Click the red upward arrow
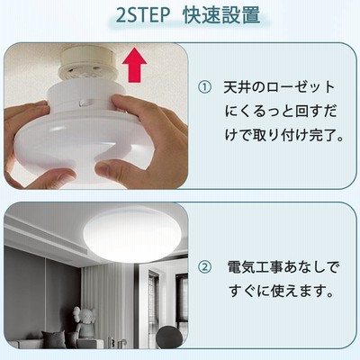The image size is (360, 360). (x=134, y=65)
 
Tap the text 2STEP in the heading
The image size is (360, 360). (x=143, y=14)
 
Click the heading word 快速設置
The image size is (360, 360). (x=221, y=14)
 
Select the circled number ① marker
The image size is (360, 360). (x=205, y=87)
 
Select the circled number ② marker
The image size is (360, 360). (x=205, y=266)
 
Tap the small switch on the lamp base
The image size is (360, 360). (x=85, y=103)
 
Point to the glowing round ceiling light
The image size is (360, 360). (x=131, y=235)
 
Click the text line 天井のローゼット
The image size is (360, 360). (x=279, y=87)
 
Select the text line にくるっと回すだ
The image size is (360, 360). (x=281, y=112)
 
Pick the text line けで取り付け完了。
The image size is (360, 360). (x=284, y=135)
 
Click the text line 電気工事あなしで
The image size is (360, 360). (x=283, y=266)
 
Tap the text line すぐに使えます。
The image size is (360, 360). (x=281, y=291)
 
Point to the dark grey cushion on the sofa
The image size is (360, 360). (x=53, y=339)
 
